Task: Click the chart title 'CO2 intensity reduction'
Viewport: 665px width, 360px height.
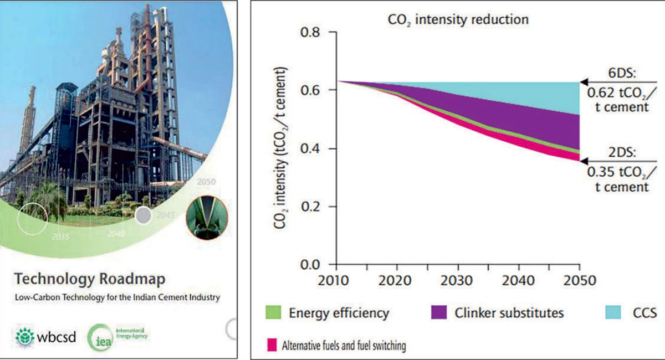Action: point(457,20)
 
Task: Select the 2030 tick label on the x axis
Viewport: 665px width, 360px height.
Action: point(458,280)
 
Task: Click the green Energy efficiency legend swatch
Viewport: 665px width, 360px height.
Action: point(275,313)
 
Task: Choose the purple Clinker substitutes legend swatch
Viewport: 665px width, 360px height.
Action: point(439,313)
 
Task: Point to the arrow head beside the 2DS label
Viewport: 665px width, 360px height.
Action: point(584,158)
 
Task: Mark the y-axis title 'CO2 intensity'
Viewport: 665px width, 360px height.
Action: point(279,150)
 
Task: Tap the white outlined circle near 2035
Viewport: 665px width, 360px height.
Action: point(32,219)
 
